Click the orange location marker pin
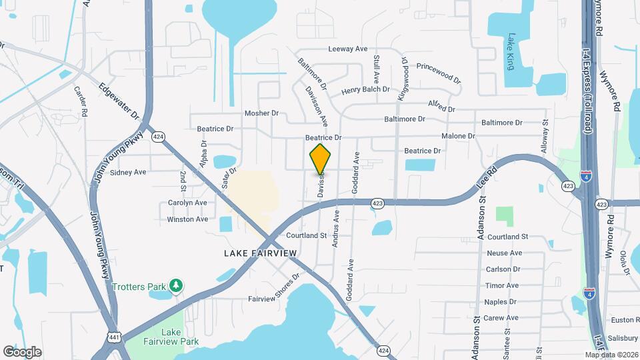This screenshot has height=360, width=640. pyautogui.click(x=321, y=159)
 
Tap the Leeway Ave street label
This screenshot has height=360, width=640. pyautogui.click(x=348, y=49)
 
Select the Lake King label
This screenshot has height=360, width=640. pyautogui.click(x=511, y=51)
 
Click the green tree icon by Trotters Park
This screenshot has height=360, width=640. pyautogui.click(x=176, y=287)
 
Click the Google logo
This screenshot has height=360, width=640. pyautogui.click(x=22, y=352)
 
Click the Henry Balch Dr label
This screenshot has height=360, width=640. pyautogui.click(x=365, y=90)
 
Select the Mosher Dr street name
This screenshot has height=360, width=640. pyautogui.click(x=261, y=113)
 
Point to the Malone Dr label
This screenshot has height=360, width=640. pyautogui.click(x=458, y=136)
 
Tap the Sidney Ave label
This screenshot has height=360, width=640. pyautogui.click(x=128, y=172)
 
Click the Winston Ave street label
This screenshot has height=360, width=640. pyautogui.click(x=187, y=219)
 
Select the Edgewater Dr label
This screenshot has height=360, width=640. pyautogui.click(x=118, y=102)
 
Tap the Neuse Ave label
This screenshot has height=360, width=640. pyautogui.click(x=504, y=253)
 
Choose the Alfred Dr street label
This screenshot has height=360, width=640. pyautogui.click(x=441, y=106)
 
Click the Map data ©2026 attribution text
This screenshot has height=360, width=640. pyautogui.click(x=611, y=355)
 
